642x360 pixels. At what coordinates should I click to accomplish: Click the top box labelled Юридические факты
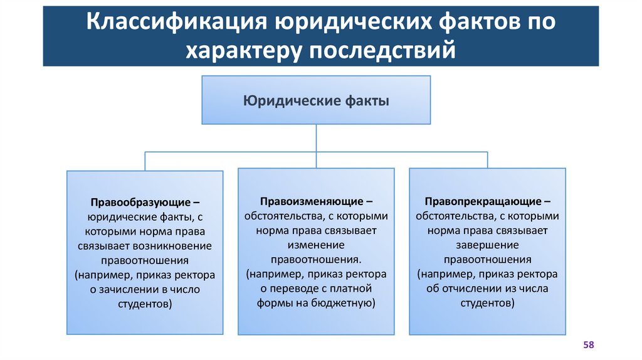click(x=315, y=100)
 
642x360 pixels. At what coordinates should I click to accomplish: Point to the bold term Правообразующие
click(x=140, y=203)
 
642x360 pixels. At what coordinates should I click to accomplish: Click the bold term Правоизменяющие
click(x=311, y=201)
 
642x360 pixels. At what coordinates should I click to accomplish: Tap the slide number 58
click(x=589, y=345)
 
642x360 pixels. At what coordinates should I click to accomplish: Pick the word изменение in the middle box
click(x=316, y=245)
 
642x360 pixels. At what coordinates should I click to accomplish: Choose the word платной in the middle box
click(x=355, y=289)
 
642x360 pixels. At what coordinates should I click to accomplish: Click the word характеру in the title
click(x=241, y=50)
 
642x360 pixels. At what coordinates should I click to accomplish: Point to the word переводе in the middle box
click(x=294, y=289)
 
